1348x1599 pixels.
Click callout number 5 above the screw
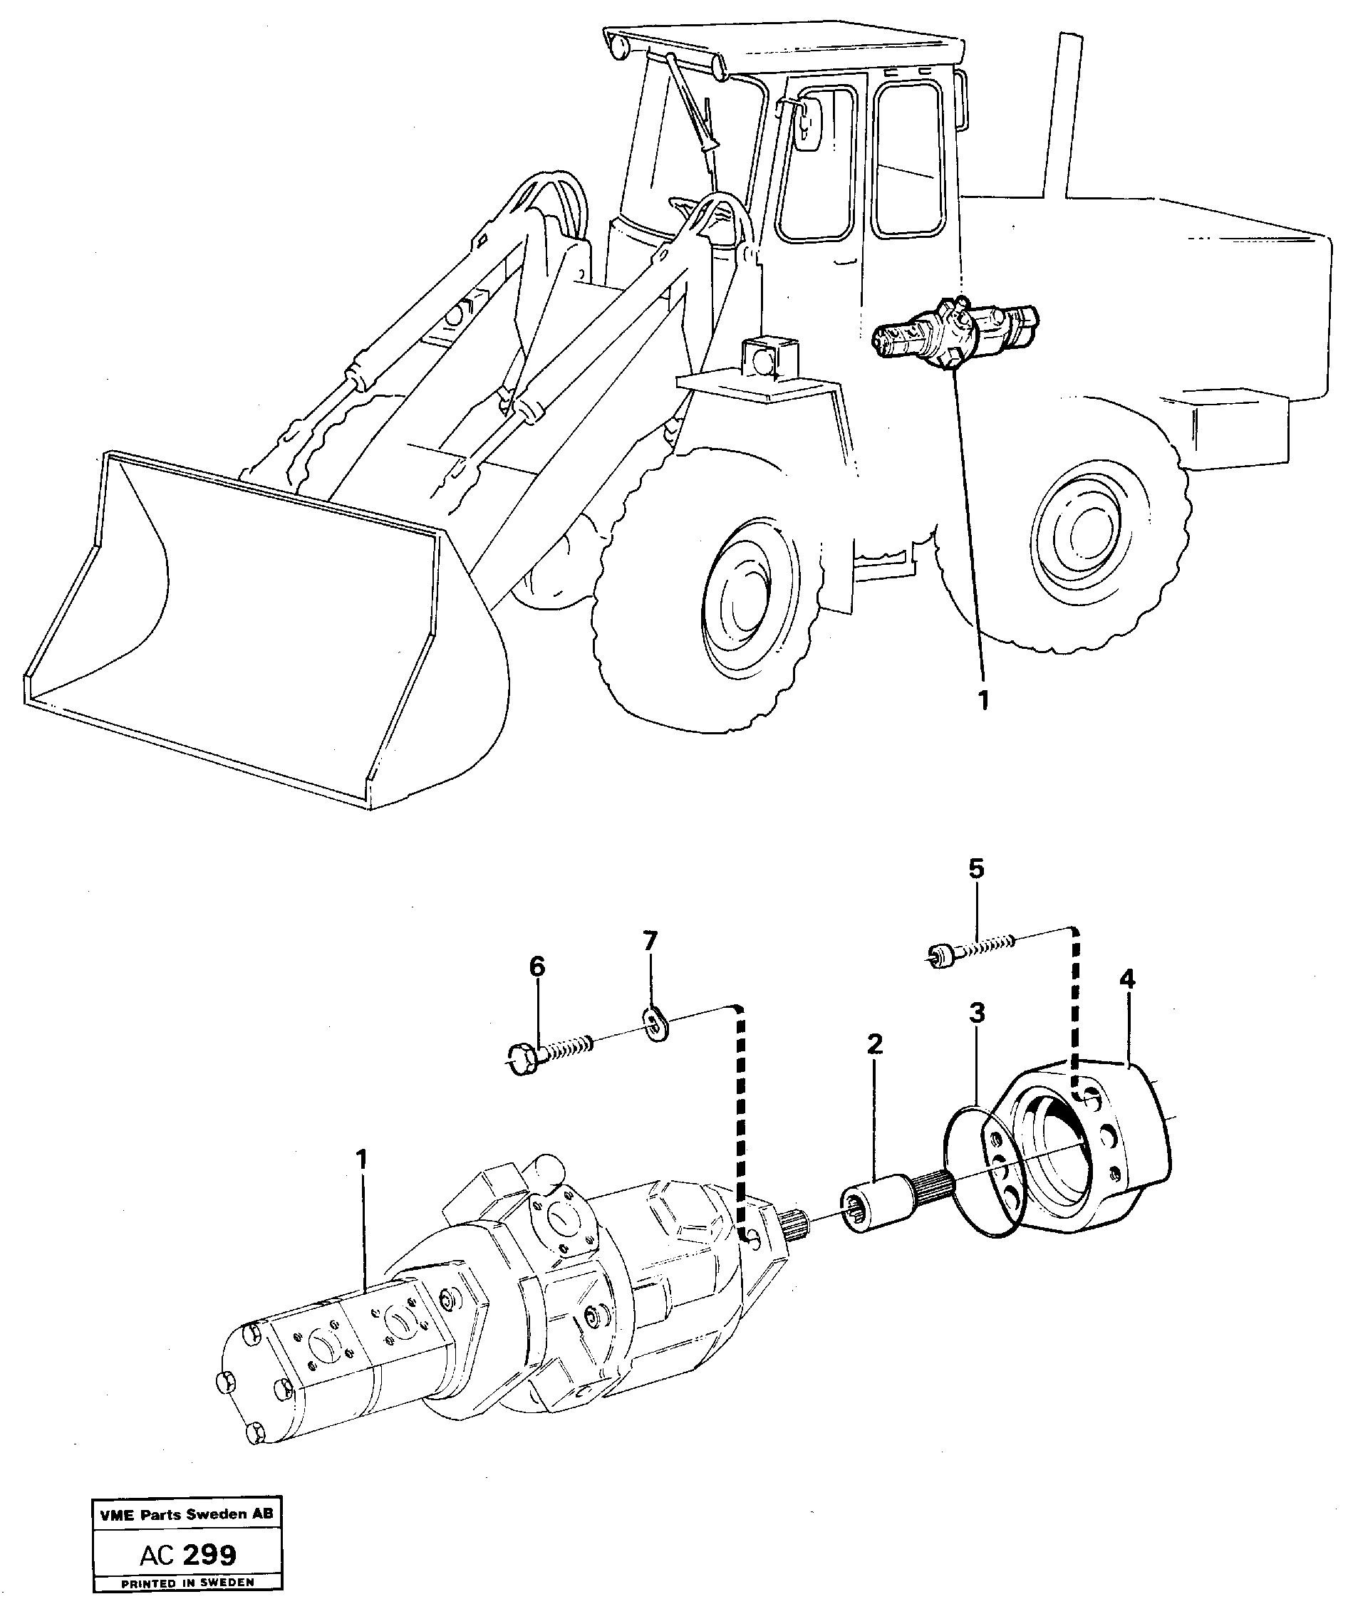click(976, 870)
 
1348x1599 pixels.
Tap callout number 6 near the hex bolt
click(537, 967)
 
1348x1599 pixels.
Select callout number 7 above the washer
click(650, 941)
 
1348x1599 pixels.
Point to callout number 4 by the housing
click(1127, 979)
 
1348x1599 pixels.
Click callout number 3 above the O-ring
click(977, 1013)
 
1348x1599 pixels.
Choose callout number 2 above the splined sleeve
click(875, 1044)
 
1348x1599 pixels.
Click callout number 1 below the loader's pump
click(983, 700)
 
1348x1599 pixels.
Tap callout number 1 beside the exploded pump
click(361, 1182)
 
